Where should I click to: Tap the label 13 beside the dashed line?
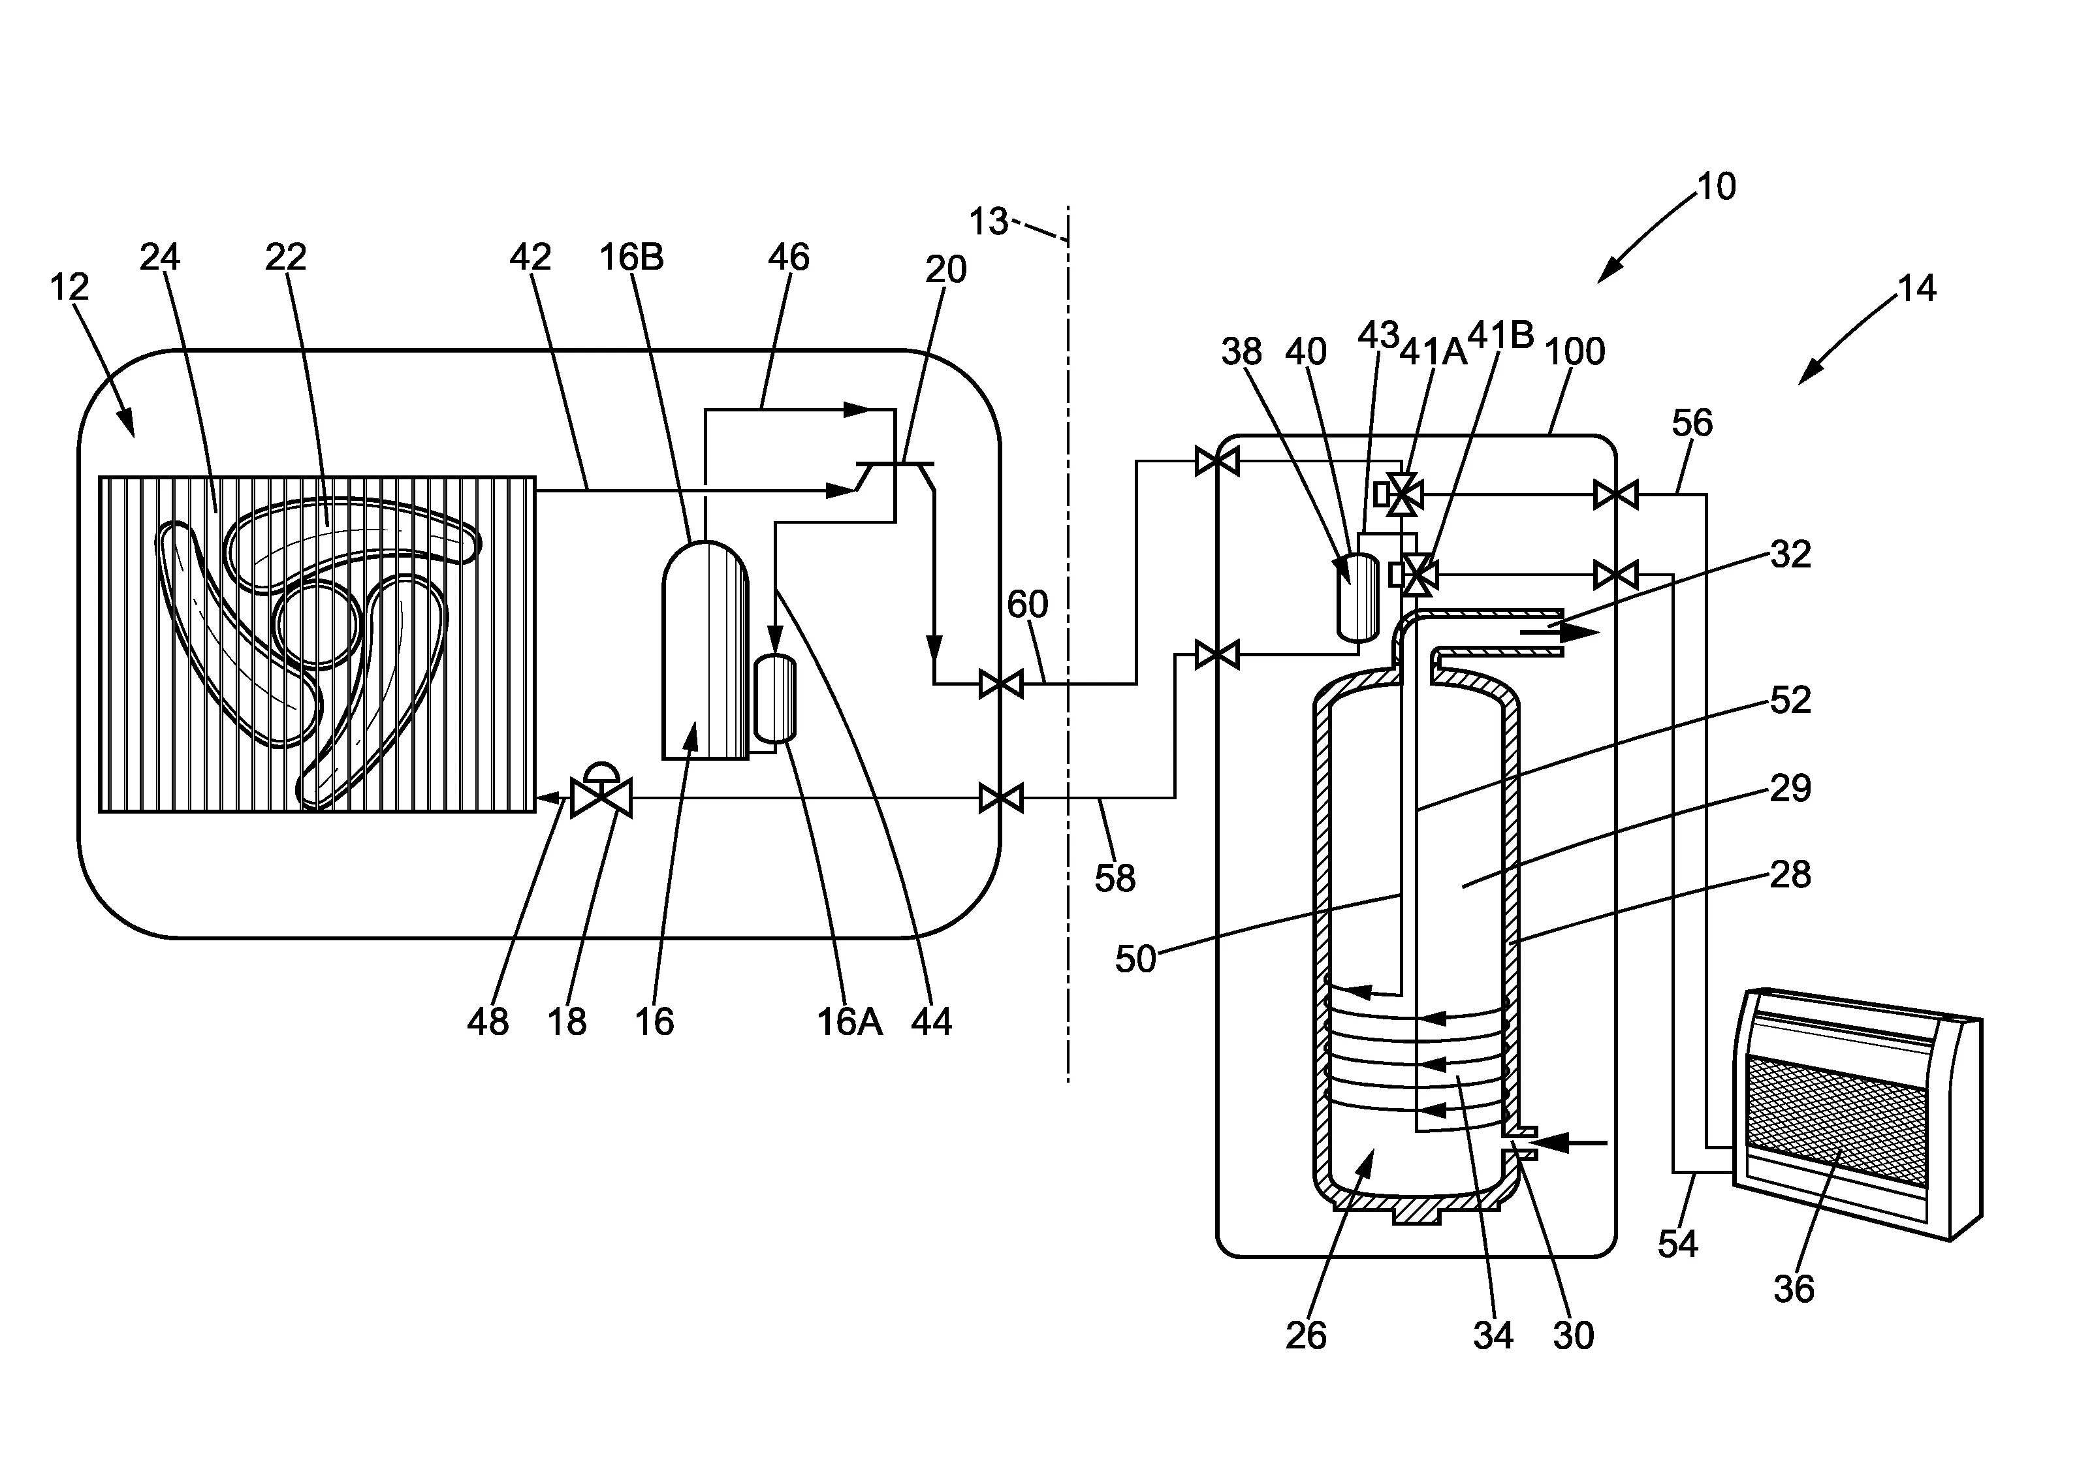(x=988, y=221)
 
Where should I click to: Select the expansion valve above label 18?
(x=601, y=791)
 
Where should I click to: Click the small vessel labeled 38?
(x=1357, y=597)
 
